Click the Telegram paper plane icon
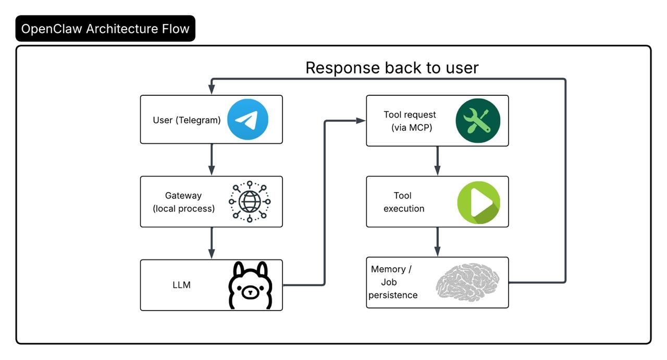tap(248, 120)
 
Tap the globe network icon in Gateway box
tap(250, 202)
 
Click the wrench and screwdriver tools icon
tap(478, 120)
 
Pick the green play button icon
tap(478, 202)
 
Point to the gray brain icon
tap(467, 282)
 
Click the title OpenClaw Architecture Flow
tap(105, 29)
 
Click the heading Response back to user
tap(391, 68)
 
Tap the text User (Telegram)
tap(187, 120)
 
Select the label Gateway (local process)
tap(183, 202)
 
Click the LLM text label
tap(181, 285)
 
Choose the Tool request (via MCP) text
tap(410, 121)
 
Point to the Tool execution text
tap(403, 202)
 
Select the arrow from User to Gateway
tap(212, 159)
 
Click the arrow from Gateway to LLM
tap(212, 242)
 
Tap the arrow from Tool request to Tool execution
tap(437, 160)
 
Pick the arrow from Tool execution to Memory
tap(437, 241)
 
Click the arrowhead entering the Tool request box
tap(361, 121)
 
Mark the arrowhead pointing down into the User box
tap(212, 90)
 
